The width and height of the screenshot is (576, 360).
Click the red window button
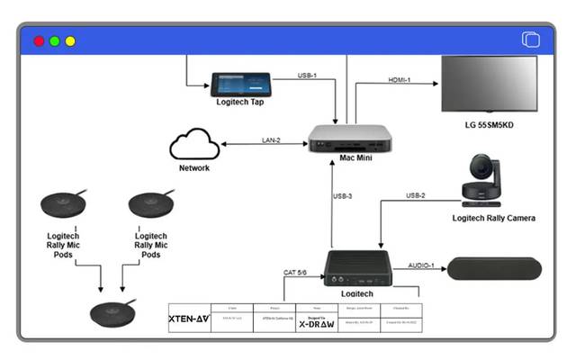39,41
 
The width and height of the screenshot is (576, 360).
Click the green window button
54,41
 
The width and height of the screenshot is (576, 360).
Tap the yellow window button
70,41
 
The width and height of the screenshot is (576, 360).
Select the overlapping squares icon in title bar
530,40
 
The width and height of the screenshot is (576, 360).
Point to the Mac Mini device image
352,139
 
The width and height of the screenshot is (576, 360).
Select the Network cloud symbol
194,144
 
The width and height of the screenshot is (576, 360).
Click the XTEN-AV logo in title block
188,317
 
